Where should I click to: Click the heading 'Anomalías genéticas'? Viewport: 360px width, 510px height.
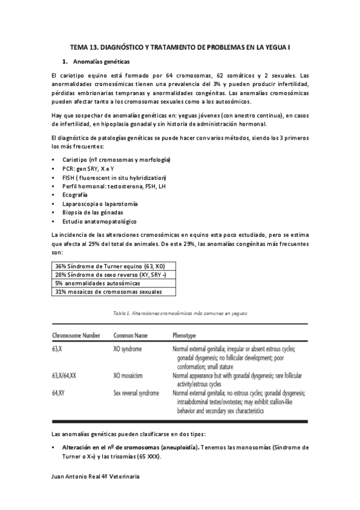tap(100, 61)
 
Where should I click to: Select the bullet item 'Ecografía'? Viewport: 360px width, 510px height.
tap(74, 195)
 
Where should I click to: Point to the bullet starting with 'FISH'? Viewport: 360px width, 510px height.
tap(114, 178)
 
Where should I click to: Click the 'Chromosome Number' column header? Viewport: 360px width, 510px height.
tap(76, 334)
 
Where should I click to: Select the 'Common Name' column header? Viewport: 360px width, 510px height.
tap(131, 334)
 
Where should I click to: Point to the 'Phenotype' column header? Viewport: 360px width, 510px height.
tap(185, 334)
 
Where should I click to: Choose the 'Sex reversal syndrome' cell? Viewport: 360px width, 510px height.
tap(136, 393)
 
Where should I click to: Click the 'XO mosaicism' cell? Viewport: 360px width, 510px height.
tap(128, 375)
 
